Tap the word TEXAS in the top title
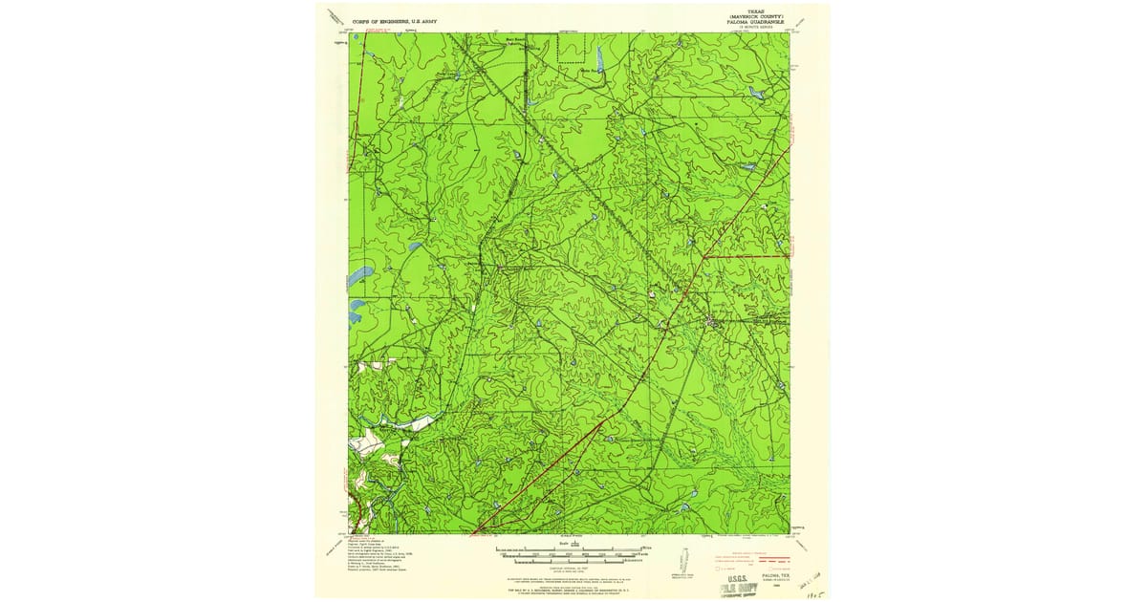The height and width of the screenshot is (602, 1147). click(x=754, y=11)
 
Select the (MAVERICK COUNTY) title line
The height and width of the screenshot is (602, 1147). click(x=754, y=16)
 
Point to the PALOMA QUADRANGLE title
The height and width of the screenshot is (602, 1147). click(x=754, y=22)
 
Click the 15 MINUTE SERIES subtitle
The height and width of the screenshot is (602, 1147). click(x=754, y=28)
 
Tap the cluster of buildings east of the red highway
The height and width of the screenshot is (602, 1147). click(x=713, y=323)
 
